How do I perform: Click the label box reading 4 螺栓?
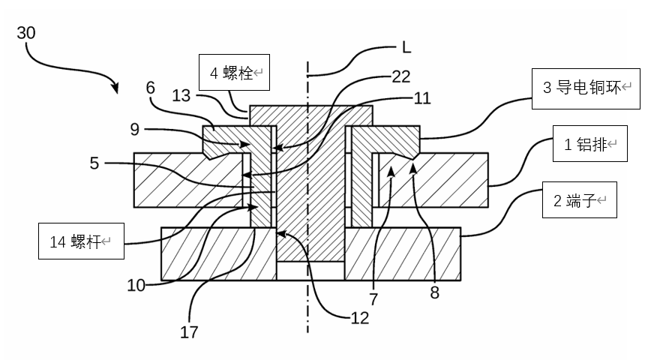click(234, 73)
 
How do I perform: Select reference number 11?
click(422, 98)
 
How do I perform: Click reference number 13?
click(182, 96)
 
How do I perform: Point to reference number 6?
click(151, 87)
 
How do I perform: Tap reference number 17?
click(190, 331)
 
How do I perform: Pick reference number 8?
click(434, 292)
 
